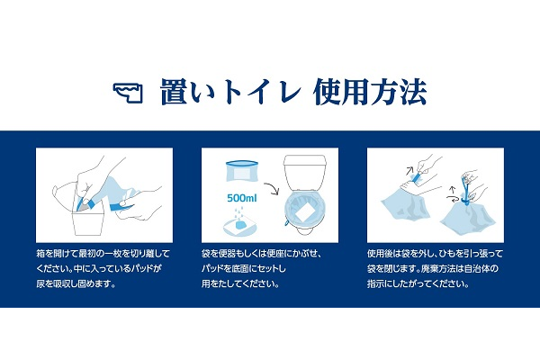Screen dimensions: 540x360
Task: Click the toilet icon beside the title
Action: pos(128,93)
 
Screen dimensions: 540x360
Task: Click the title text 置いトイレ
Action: pos(230,92)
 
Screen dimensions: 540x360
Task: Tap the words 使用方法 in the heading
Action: pos(370,92)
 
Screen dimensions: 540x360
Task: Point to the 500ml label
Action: pos(242,198)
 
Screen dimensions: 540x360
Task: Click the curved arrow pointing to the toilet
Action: pos(272,188)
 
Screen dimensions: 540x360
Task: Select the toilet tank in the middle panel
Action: pos(304,172)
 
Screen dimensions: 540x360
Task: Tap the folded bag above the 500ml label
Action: pos(242,171)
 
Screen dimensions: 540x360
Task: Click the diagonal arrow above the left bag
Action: pos(409,170)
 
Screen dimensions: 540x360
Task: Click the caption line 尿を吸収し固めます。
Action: pos(76,283)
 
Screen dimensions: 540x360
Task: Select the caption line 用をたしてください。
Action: pos(240,283)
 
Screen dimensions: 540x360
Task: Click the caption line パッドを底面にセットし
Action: pos(244,268)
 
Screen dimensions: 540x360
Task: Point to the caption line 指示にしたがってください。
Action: pos(418,283)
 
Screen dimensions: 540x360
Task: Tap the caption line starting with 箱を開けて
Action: pos(103,254)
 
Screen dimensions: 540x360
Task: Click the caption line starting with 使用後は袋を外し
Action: pos(435,254)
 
